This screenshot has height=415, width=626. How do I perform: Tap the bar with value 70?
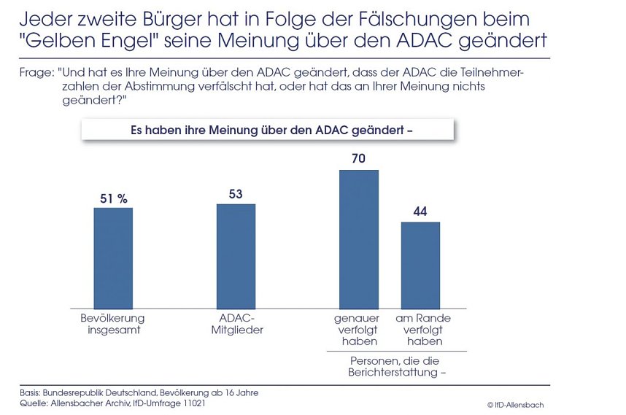click(358, 238)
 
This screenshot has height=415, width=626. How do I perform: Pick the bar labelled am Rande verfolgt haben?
click(420, 264)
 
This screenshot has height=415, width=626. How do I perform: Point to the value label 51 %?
click(113, 198)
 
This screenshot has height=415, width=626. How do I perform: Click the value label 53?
click(235, 194)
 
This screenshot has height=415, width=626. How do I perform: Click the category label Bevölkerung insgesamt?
click(112, 324)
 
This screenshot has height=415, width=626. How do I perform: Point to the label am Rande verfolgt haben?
click(422, 330)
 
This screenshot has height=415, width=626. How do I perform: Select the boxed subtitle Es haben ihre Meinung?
click(267, 131)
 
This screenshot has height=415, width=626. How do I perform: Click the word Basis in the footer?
click(32, 392)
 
